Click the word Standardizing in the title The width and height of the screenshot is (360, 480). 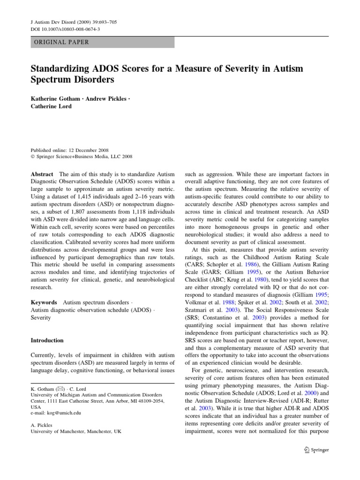(60, 69)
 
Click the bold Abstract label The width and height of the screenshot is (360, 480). (43, 173)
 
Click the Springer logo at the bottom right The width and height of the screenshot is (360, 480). (317, 450)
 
